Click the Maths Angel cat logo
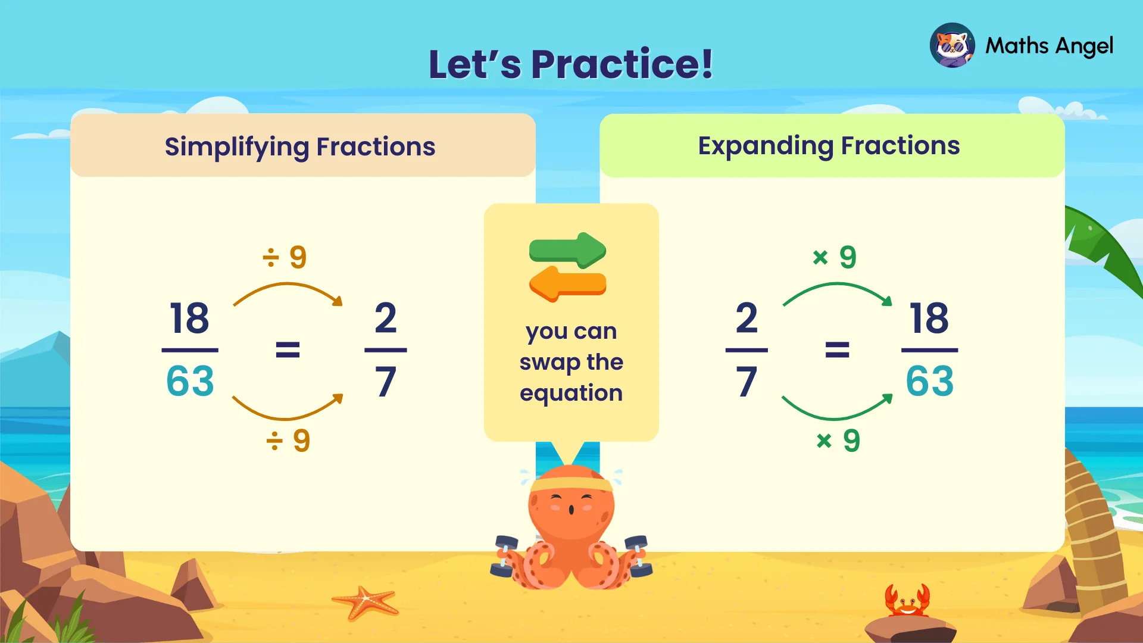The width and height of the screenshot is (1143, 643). (952, 45)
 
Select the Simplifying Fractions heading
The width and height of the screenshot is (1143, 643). (300, 146)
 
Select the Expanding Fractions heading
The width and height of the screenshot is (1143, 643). (829, 146)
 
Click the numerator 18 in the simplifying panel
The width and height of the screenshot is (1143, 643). (189, 318)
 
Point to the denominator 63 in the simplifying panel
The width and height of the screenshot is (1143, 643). (190, 381)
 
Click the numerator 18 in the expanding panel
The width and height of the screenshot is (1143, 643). (929, 318)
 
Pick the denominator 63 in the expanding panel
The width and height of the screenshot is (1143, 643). (929, 381)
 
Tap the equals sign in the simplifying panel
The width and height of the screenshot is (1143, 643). (288, 349)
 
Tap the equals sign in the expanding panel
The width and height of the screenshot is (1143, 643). (837, 349)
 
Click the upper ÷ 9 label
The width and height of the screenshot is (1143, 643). (285, 257)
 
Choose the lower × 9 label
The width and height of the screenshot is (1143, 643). (838, 441)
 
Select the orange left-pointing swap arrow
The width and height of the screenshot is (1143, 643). (567, 283)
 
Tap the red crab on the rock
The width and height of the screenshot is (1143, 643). (907, 601)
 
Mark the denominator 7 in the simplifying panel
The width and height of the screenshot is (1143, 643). (386, 382)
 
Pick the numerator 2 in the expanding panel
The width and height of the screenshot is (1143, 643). (747, 318)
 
